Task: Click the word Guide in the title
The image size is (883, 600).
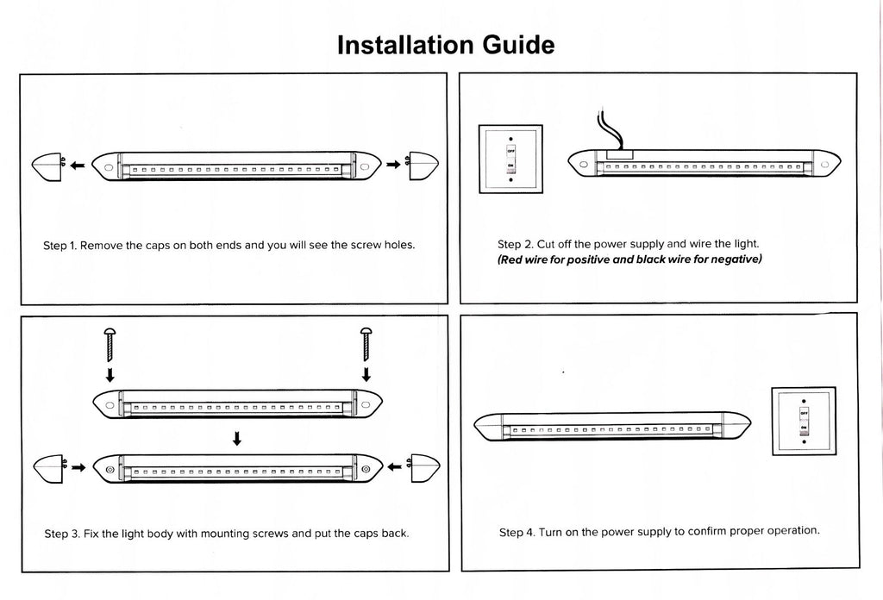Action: (x=516, y=45)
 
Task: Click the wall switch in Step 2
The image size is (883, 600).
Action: (x=510, y=159)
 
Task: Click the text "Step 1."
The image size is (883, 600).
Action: (x=59, y=245)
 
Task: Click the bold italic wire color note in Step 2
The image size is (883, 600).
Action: (x=629, y=259)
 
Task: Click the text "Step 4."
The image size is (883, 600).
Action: (x=517, y=532)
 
